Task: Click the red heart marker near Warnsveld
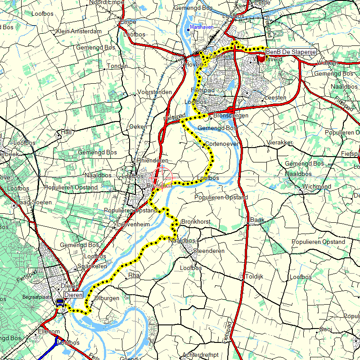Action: click(261, 59)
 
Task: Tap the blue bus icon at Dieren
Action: click(59, 303)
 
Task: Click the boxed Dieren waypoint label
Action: click(73, 295)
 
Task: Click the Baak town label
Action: click(256, 220)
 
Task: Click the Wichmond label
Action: click(316, 186)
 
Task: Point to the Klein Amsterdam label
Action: click(79, 31)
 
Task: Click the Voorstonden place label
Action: click(155, 92)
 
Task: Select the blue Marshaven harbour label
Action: click(202, 27)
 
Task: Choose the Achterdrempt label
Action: click(202, 355)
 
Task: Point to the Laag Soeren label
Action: click(31, 202)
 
